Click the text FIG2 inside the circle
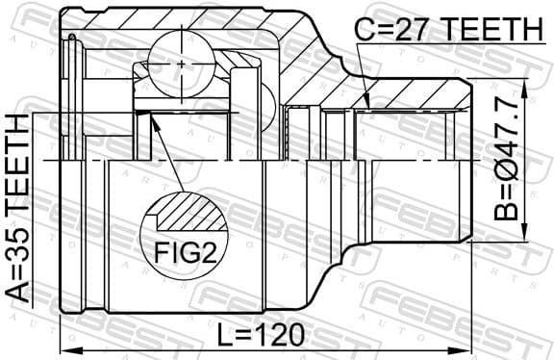click(184, 254)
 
